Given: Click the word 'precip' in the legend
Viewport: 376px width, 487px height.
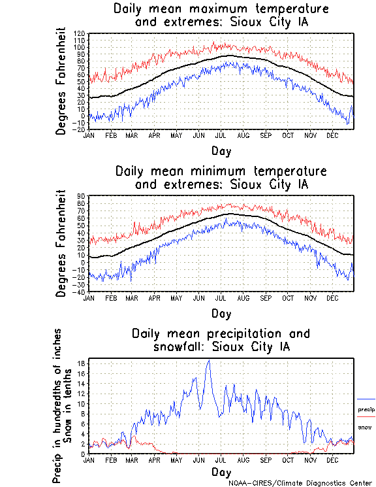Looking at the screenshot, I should pos(366,410).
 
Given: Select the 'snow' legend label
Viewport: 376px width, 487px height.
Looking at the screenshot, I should pos(364,427).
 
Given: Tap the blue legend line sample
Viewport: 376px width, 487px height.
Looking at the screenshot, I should pos(366,399).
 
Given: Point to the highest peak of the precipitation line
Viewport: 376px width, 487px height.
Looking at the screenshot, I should pos(209,360).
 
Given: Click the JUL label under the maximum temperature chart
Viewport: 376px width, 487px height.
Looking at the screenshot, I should pos(221,135).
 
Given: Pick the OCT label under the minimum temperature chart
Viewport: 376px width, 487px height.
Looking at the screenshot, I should pos(288,298).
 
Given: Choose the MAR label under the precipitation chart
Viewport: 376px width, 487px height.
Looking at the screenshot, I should pos(131,460).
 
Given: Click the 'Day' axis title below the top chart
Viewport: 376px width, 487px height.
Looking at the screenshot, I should pos(221,150).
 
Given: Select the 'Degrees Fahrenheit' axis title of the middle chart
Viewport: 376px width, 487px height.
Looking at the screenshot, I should pos(61,243).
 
